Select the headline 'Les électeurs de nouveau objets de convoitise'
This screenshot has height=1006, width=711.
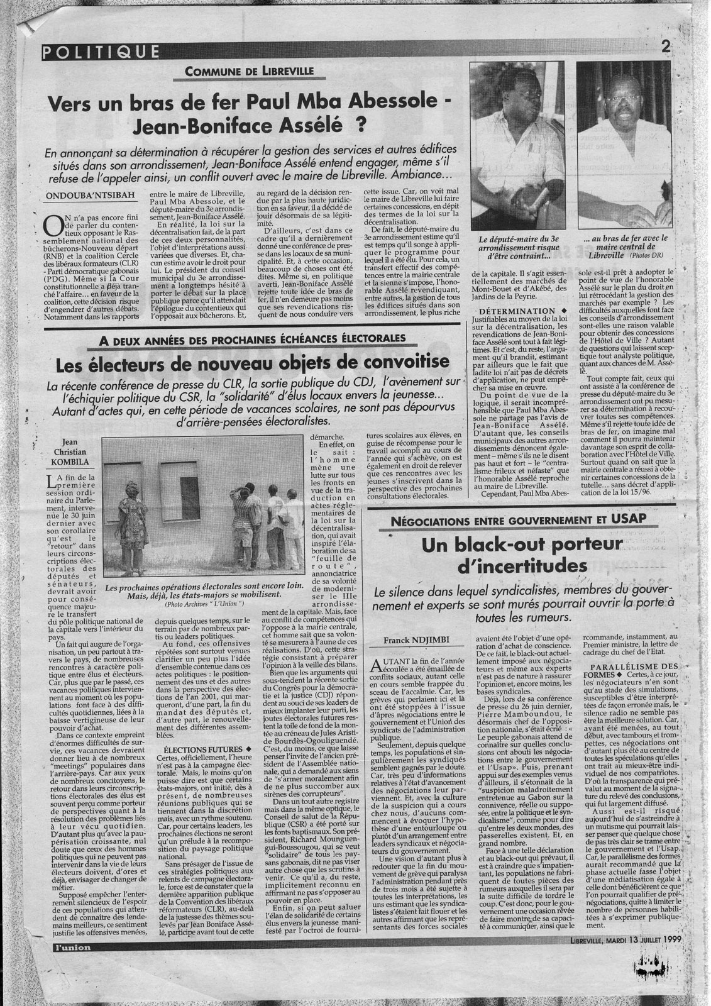click(253, 362)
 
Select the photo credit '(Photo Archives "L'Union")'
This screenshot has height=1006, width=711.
click(204, 604)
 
